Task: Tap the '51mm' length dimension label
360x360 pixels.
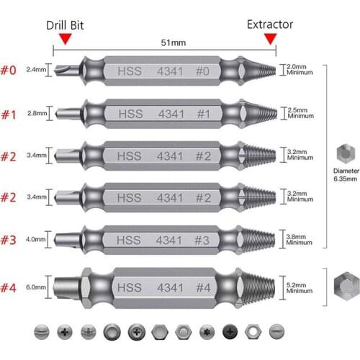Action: [x=173, y=42]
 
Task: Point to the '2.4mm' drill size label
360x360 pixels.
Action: [x=35, y=70]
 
